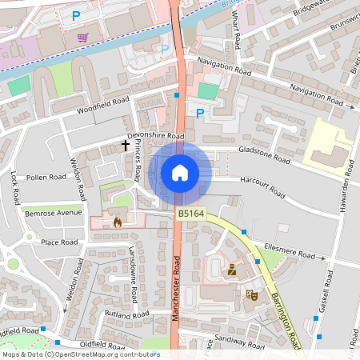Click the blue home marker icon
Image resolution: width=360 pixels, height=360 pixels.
180,173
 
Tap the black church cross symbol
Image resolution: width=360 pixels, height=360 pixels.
125,146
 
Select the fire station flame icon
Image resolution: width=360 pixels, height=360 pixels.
118,222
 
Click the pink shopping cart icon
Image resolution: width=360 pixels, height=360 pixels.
82,37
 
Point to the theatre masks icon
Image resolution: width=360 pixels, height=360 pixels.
250,294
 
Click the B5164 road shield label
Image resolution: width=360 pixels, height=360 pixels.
190,214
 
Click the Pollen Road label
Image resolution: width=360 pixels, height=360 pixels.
46,177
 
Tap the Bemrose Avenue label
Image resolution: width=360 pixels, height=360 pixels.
53,214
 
